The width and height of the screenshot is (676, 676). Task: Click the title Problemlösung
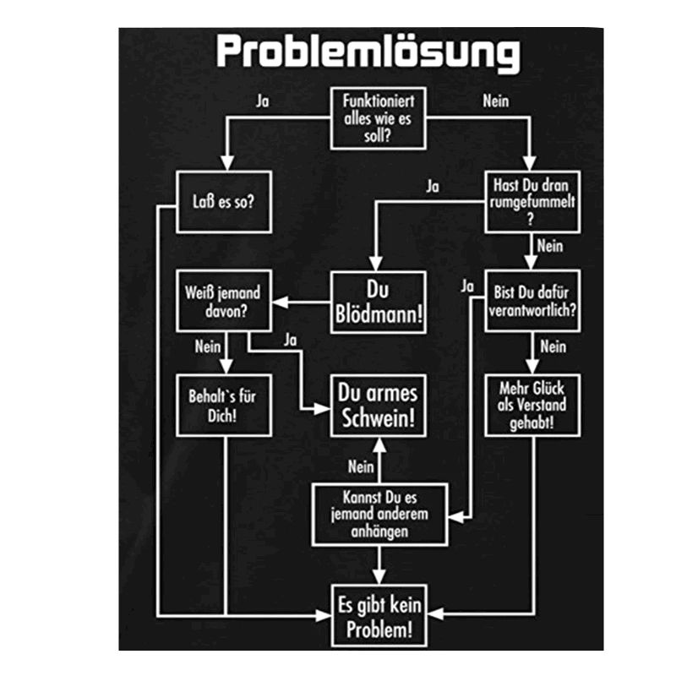tap(368, 52)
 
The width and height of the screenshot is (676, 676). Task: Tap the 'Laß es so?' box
tap(224, 203)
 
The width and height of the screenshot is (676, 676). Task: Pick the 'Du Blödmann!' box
tap(378, 303)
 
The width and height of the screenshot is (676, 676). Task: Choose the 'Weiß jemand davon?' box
tap(224, 303)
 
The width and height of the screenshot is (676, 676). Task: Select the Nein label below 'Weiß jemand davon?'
tap(207, 346)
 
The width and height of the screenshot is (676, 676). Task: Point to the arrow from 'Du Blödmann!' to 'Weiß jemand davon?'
tap(302, 303)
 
